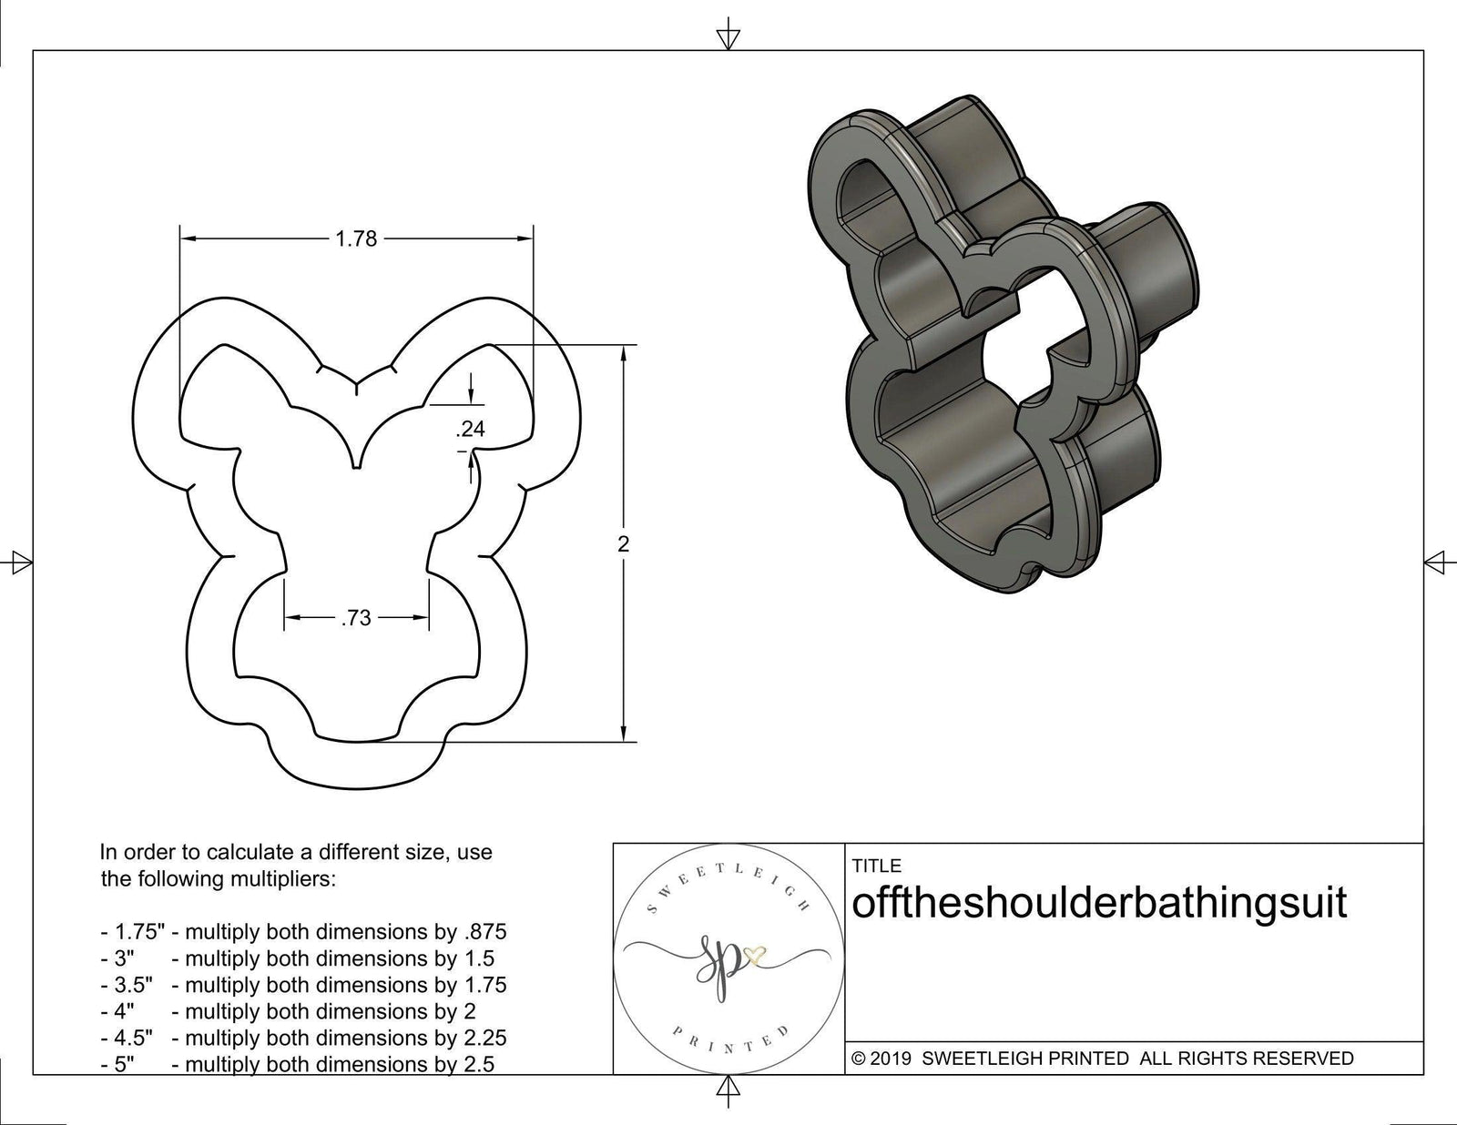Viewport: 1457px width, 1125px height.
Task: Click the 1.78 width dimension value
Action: tap(355, 239)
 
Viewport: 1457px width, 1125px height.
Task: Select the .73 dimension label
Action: tap(355, 619)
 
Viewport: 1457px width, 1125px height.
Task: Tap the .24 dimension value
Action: tap(470, 430)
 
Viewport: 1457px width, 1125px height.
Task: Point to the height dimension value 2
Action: tap(623, 544)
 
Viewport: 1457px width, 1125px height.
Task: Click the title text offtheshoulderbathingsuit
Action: tap(1098, 905)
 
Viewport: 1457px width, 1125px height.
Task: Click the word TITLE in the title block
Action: tap(877, 866)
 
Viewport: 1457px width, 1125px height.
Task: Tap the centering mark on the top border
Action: tap(727, 37)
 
